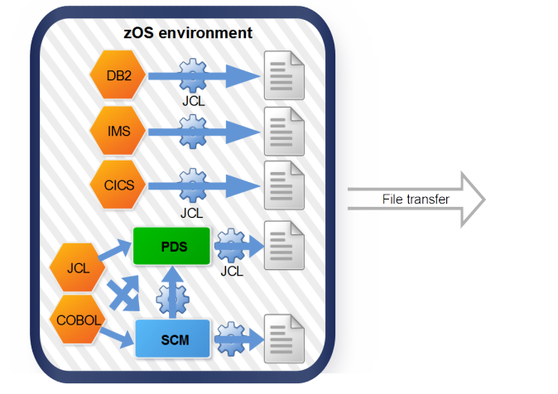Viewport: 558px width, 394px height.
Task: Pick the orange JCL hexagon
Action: point(75,267)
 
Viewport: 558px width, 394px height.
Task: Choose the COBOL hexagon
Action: point(75,320)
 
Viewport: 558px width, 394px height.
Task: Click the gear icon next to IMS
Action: point(192,131)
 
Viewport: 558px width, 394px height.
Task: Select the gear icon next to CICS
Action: point(192,185)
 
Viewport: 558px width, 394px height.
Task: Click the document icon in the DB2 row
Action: point(281,76)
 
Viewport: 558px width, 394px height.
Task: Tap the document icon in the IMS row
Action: point(281,131)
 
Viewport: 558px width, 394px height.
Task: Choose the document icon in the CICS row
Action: point(281,185)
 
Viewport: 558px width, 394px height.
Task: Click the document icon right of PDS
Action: point(281,246)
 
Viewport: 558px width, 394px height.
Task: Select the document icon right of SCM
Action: point(281,339)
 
